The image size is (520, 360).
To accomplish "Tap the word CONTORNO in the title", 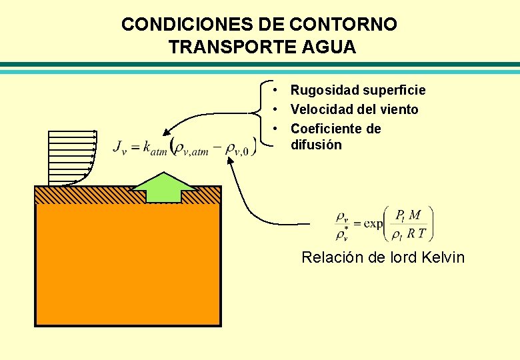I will pyautogui.click(x=344, y=25).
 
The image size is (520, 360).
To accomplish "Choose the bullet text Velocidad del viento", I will pyautogui.click(x=354, y=109).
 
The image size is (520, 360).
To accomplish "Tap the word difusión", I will pyautogui.click(x=316, y=145).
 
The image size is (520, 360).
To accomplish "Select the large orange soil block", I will pyautogui.click(x=127, y=267).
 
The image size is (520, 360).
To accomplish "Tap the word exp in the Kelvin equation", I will pyautogui.click(x=373, y=223).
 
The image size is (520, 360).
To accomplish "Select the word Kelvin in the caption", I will pyautogui.click(x=443, y=257).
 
